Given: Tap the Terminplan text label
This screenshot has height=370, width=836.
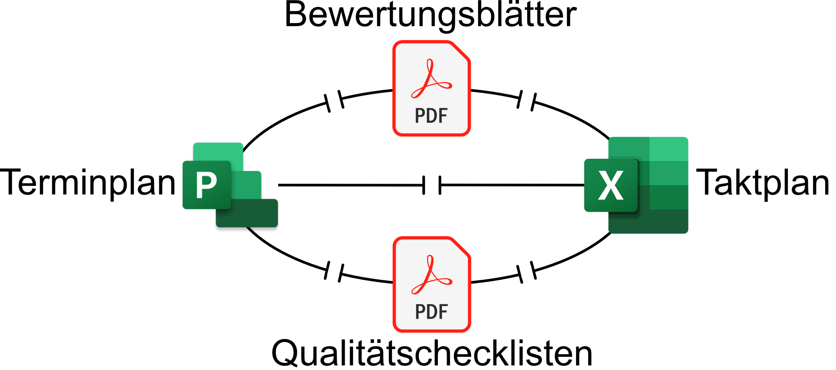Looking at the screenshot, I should pos(88,183).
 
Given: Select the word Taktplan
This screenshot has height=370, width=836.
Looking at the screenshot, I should pos(762,183).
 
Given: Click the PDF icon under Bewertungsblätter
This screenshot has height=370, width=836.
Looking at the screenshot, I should pos(431,88).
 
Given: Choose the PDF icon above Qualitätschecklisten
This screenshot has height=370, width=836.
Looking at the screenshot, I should pos(432,284).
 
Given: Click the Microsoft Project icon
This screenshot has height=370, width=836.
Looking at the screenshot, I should pos(230,185).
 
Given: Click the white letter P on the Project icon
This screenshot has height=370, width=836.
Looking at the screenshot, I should pos(206,185).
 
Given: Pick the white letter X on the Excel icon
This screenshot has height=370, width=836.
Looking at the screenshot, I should pos(611,185).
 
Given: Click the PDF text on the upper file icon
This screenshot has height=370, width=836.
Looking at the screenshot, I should pos(431,116).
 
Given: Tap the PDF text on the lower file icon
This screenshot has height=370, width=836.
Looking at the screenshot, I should pos(431,312).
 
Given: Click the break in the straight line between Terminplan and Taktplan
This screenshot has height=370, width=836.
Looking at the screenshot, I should pos(432,185).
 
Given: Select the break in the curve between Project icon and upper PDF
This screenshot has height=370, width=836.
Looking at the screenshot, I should pos(334,101).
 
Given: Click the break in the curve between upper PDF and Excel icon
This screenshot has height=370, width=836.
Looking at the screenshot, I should pos(526,101).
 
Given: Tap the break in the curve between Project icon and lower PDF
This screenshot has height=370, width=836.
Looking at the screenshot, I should pos(334,272).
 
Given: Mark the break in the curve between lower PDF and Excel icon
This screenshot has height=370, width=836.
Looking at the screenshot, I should pos(526,272).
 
